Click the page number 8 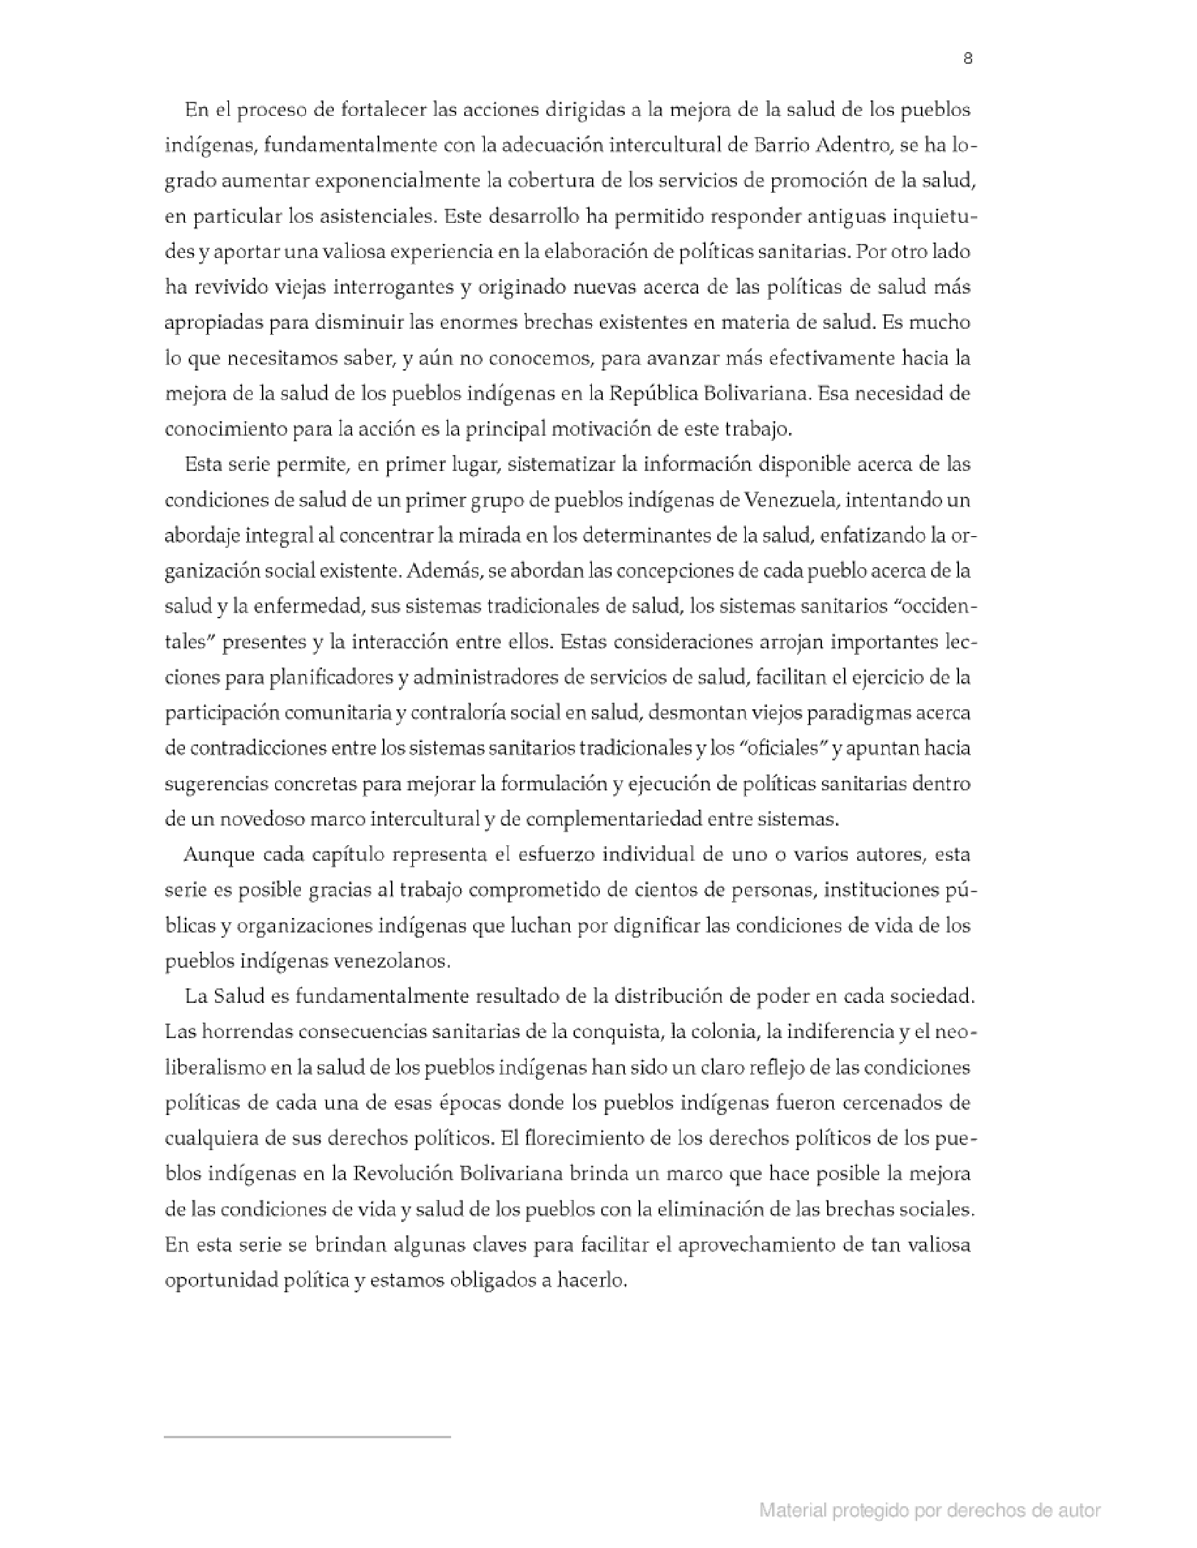[x=967, y=59]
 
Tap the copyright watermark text [x=929, y=1510]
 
